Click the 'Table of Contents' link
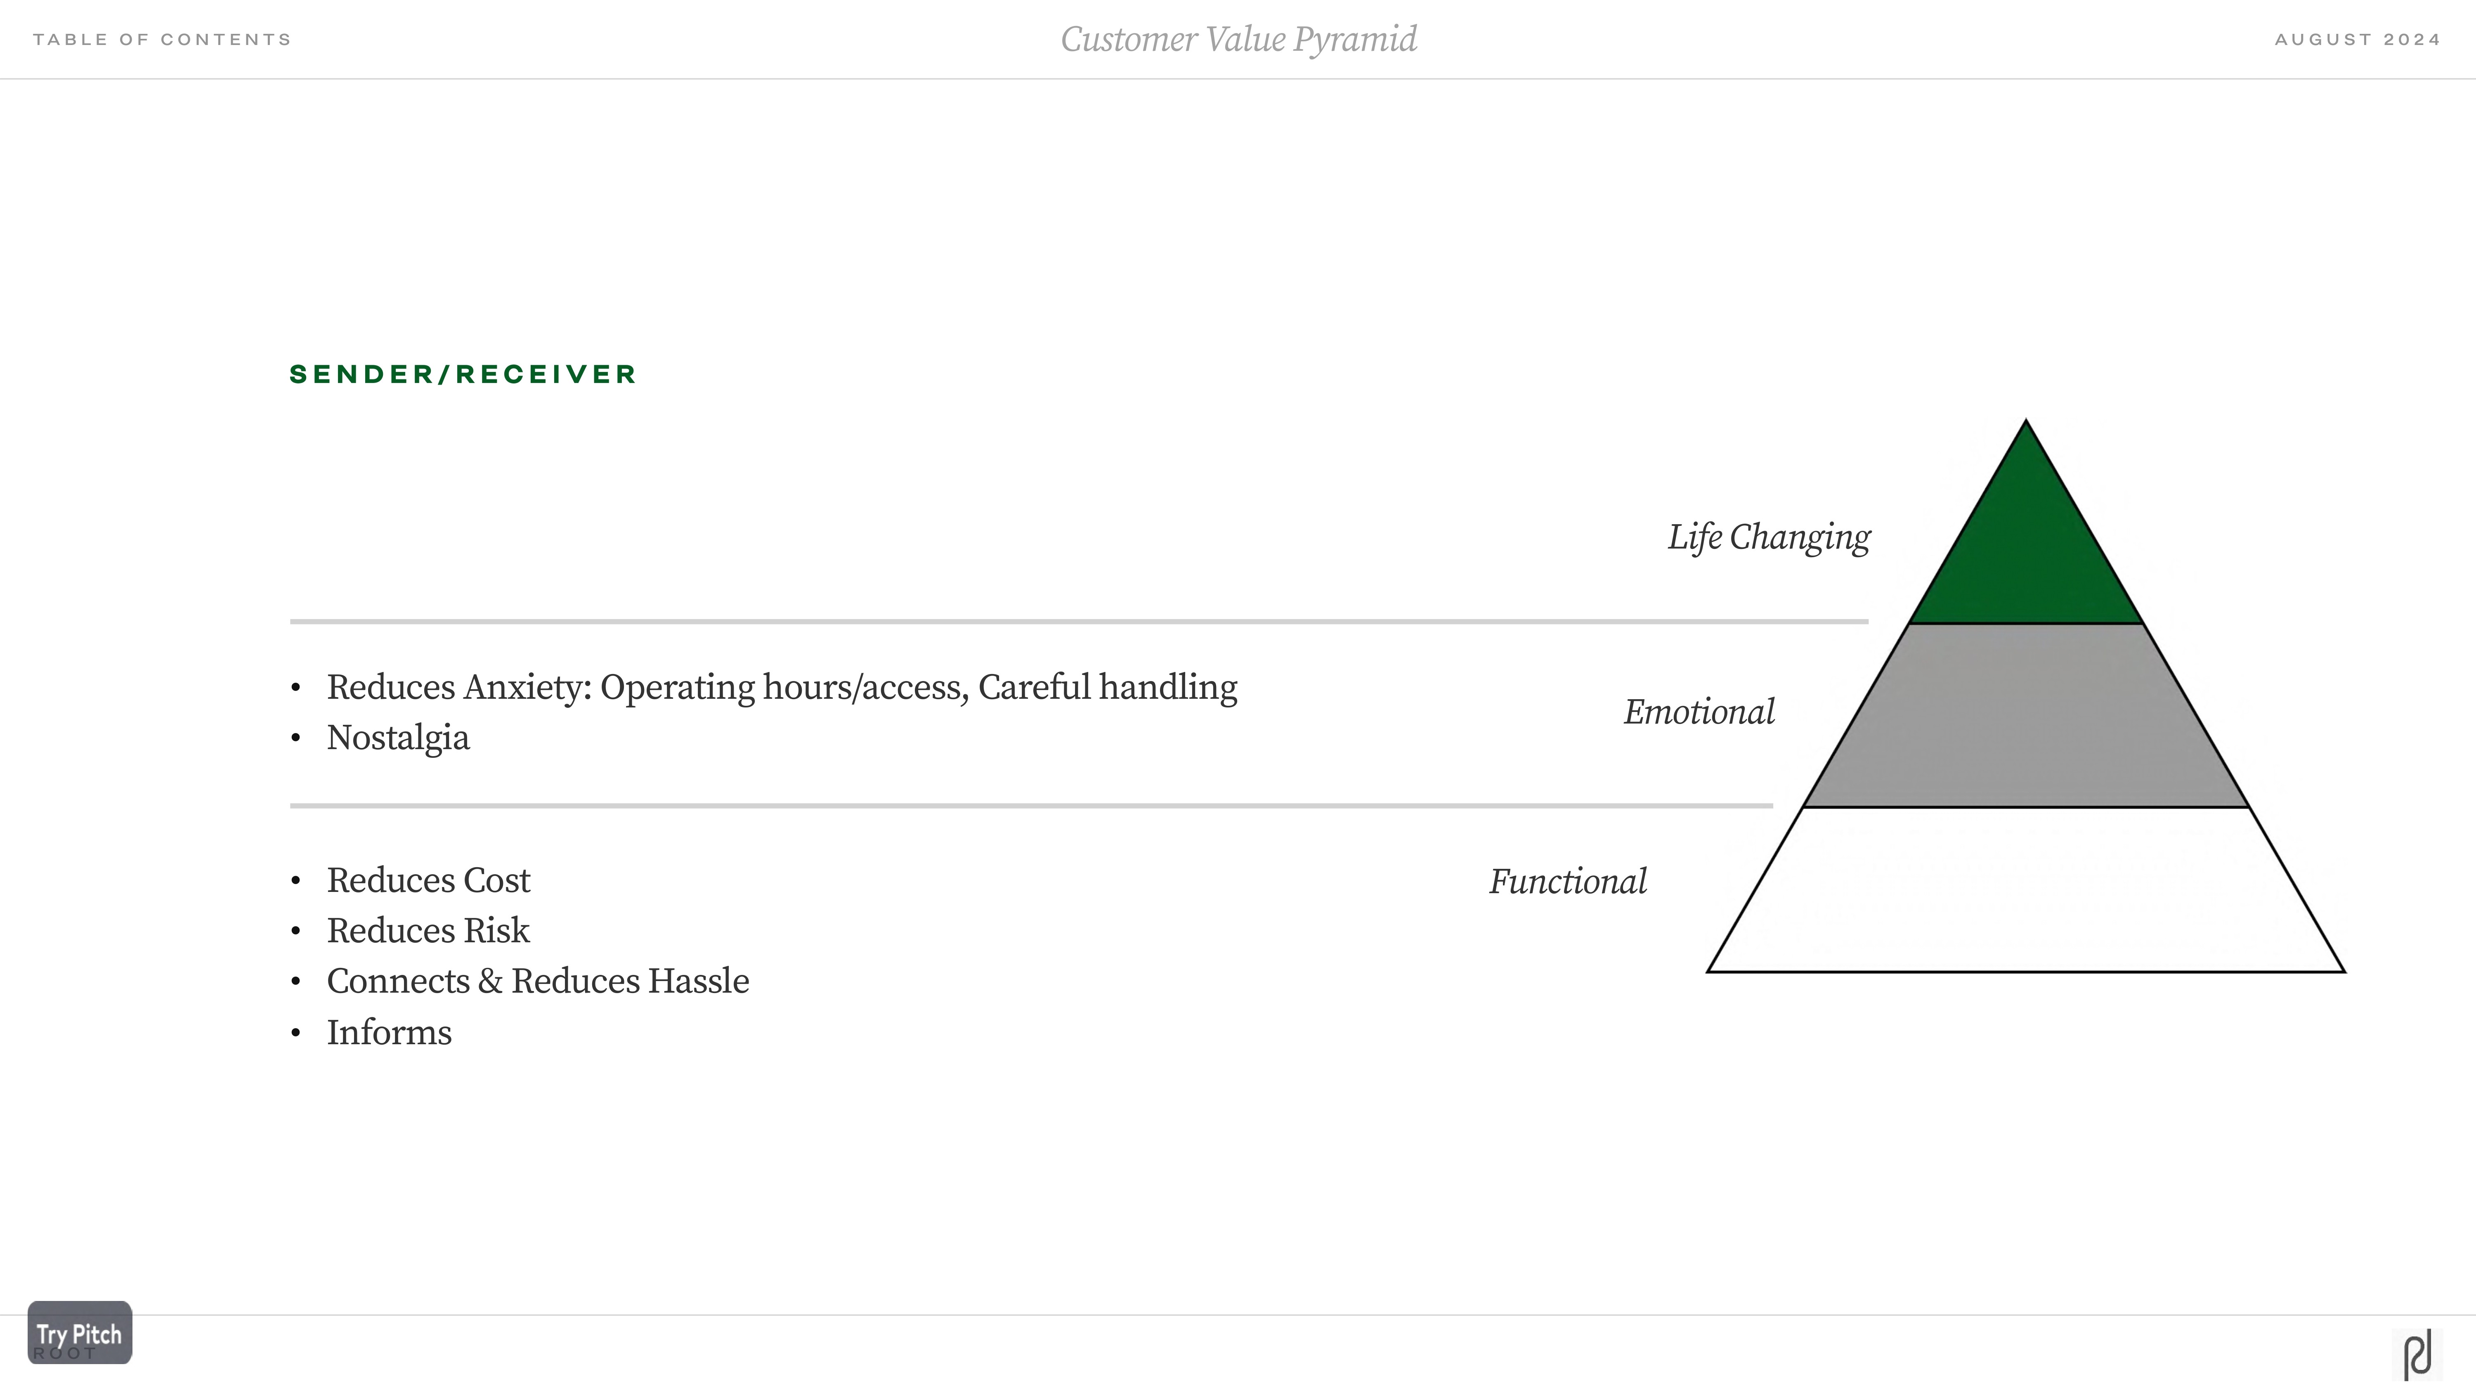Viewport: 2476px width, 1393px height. point(161,39)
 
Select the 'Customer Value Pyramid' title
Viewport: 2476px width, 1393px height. point(1238,39)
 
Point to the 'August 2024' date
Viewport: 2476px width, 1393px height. point(2357,39)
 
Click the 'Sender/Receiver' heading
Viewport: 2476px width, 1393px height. point(462,374)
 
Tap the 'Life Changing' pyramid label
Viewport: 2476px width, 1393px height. point(1769,537)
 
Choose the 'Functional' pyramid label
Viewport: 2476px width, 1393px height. point(1568,882)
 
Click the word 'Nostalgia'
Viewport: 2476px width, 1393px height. point(398,738)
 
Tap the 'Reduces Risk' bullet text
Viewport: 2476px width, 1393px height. point(428,931)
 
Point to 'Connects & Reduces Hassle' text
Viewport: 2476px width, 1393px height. point(537,981)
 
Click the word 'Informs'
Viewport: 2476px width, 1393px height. point(389,1033)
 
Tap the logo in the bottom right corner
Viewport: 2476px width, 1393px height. point(2417,1355)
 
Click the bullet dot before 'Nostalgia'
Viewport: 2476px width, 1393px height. point(296,738)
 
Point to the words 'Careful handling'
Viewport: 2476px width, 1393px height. point(1107,687)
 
